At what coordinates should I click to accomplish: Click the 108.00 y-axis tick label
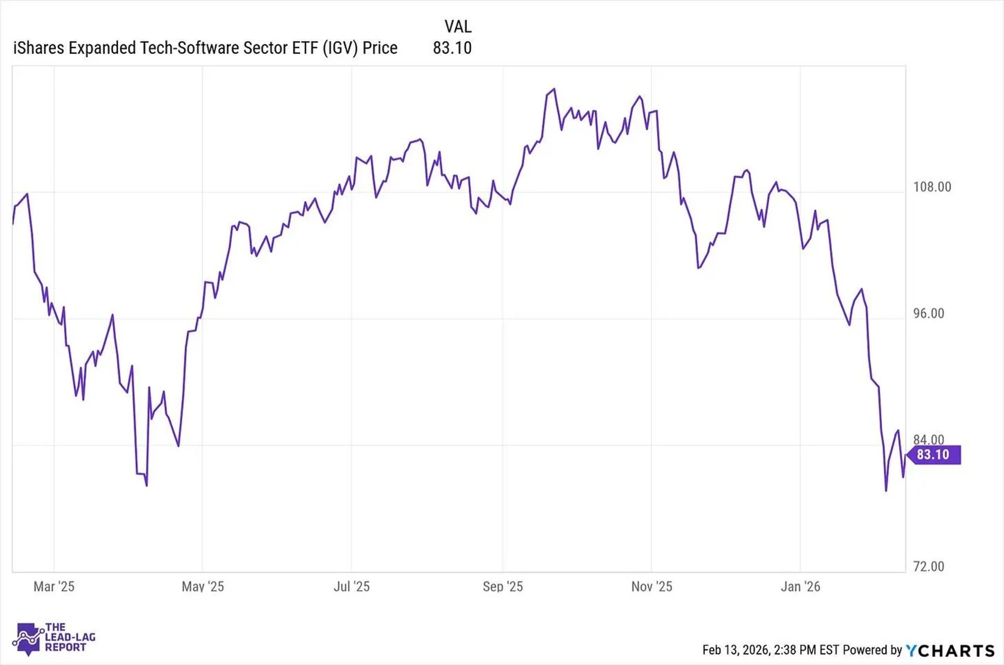[x=932, y=187]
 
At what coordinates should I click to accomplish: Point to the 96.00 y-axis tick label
[x=928, y=314]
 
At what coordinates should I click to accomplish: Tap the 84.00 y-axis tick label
[x=928, y=440]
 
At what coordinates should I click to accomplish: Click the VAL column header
[x=458, y=27]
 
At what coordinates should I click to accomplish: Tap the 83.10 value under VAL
[x=452, y=48]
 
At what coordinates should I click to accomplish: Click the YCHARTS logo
[x=950, y=650]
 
